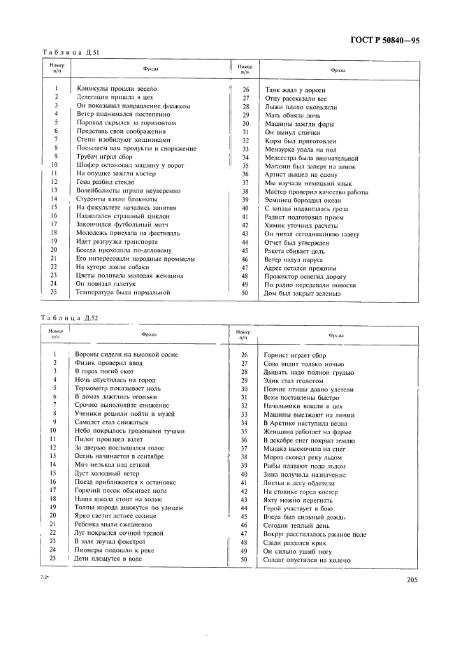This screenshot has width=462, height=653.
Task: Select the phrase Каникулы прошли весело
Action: pos(117,89)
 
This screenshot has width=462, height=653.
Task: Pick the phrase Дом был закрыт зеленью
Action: pos(303,293)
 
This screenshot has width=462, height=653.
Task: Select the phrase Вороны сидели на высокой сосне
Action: pos(127,355)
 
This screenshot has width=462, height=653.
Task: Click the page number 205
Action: pos(411,579)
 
